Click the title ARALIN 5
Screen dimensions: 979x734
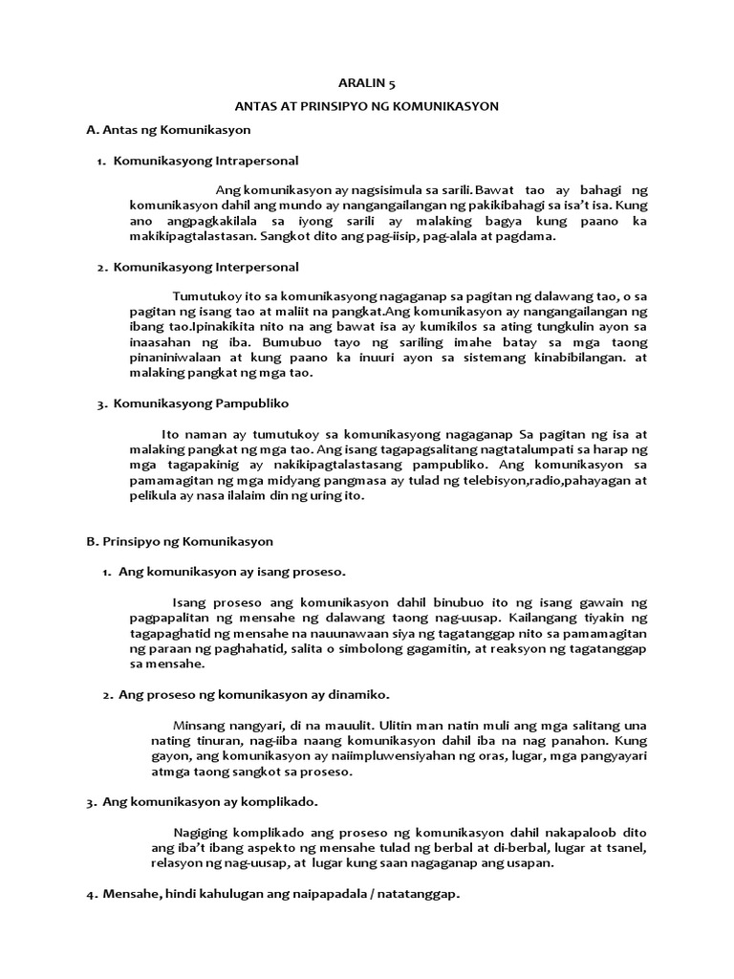[x=367, y=84]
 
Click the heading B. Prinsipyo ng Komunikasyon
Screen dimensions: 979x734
[x=180, y=540]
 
